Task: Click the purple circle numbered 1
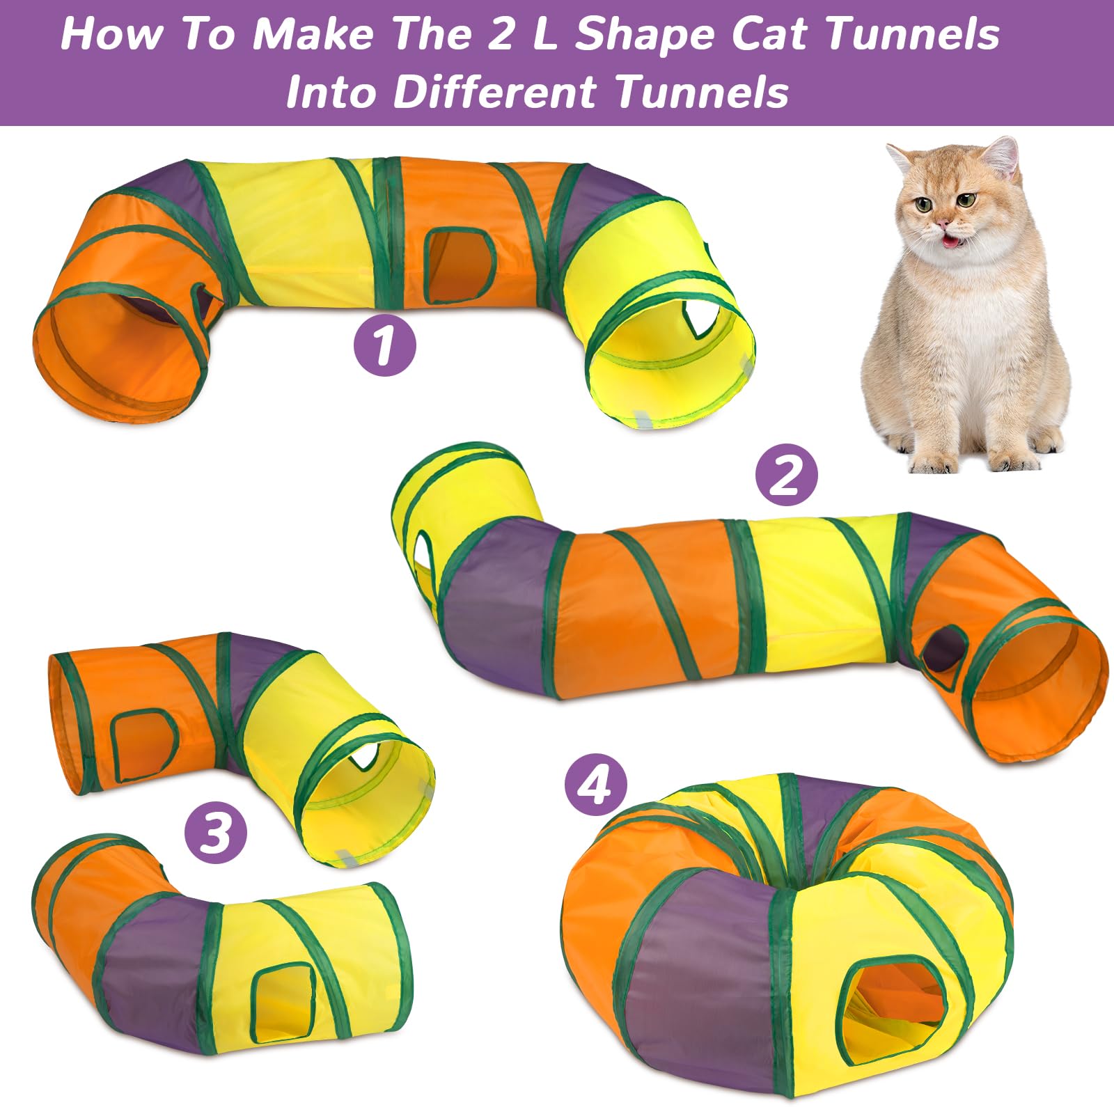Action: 384,346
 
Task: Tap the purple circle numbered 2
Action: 787,477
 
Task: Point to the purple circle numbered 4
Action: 596,787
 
